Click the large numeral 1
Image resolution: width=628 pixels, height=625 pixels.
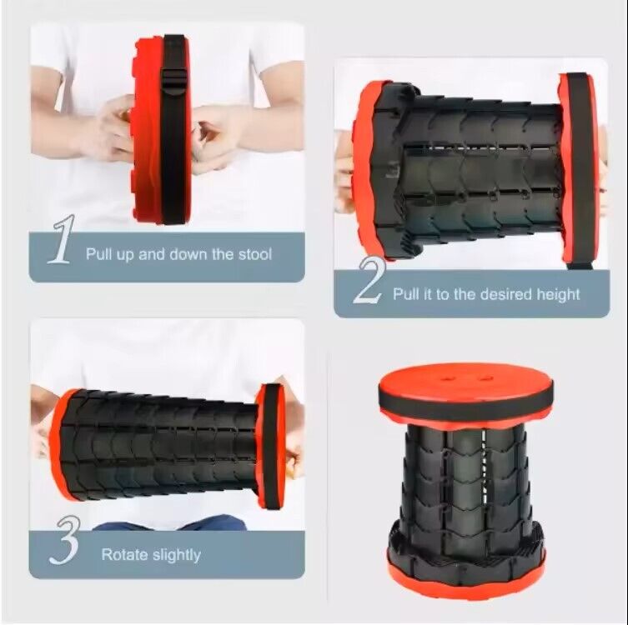pos(61,241)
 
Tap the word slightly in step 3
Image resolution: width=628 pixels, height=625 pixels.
pos(177,554)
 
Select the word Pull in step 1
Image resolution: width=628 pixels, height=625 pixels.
pos(101,254)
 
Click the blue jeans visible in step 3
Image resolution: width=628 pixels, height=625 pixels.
pos(167,522)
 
